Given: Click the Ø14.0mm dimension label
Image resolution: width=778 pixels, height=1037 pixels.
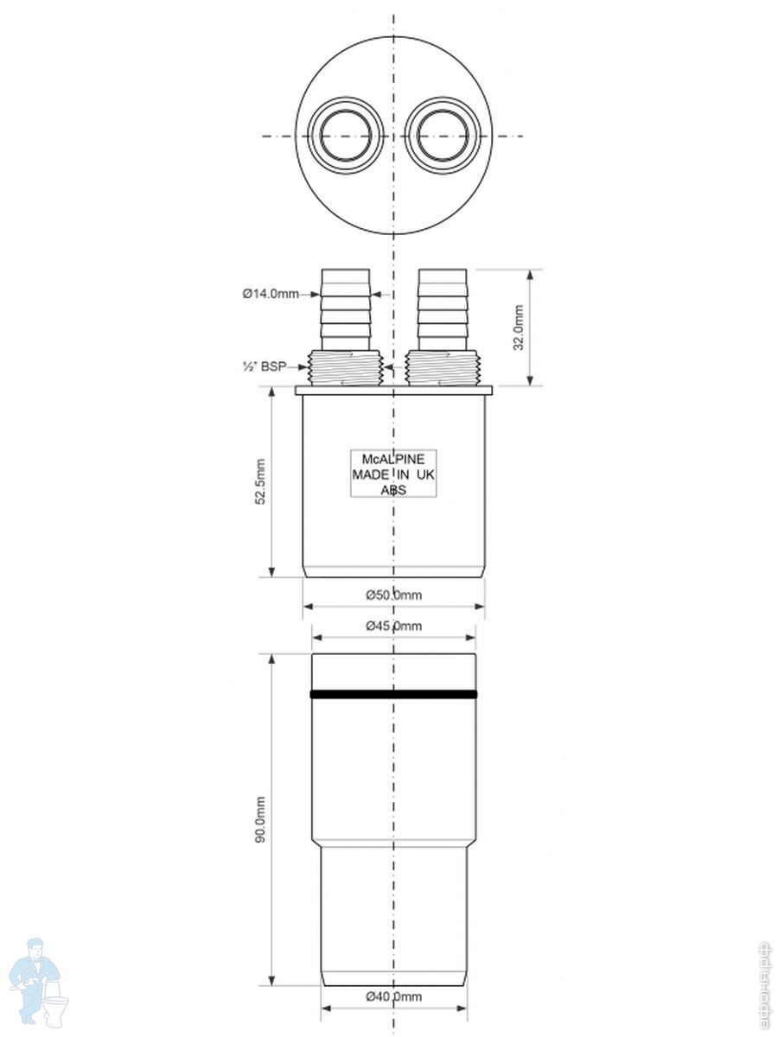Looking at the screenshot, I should click(270, 294).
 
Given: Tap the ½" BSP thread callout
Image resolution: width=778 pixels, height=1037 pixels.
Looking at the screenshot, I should click(263, 367).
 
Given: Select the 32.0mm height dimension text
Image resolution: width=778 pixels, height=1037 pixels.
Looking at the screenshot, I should click(519, 328).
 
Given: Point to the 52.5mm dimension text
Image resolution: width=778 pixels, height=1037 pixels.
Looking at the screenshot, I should click(260, 482).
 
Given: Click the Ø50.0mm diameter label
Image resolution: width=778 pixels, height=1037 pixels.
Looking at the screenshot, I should click(393, 595).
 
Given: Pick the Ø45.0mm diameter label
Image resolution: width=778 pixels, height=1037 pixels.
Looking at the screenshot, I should click(393, 626).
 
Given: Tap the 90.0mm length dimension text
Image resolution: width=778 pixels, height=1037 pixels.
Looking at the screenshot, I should click(260, 820).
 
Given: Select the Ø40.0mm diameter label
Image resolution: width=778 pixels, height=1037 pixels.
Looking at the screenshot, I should click(393, 996).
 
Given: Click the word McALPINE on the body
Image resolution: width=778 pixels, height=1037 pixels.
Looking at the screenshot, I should click(393, 459).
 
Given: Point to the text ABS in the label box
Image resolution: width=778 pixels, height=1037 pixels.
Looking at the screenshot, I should click(393, 490).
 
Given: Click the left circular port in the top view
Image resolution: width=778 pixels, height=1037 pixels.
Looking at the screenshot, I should click(346, 137).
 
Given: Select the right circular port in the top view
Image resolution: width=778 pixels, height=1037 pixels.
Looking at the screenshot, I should click(443, 137).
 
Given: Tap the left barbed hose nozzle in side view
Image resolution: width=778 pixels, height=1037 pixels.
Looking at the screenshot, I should click(346, 307).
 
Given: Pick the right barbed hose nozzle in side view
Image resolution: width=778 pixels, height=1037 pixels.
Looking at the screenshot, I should click(443, 307).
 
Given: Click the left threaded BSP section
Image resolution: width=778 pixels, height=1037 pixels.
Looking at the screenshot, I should click(346, 367).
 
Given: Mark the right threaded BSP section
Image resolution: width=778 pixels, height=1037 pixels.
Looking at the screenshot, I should click(443, 367).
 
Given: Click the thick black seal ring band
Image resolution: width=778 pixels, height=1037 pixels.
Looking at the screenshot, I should click(393, 694).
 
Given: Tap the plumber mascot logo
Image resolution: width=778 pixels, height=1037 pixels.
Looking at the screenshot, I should click(39, 981).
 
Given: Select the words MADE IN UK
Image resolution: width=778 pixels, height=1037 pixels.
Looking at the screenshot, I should click(393, 474).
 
